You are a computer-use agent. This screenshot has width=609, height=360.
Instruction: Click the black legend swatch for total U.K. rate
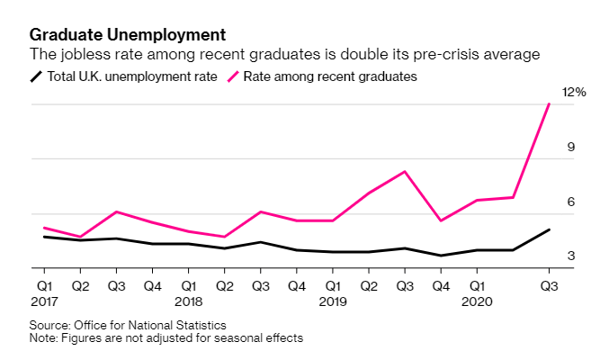37,76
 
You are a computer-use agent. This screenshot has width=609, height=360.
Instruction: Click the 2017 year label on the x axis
44,301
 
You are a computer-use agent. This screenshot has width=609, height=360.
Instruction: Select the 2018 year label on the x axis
188,301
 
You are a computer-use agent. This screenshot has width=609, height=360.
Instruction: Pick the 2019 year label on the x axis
332,301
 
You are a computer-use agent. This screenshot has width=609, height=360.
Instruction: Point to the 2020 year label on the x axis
477,301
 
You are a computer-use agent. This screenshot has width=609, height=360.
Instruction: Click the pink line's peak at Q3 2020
549,104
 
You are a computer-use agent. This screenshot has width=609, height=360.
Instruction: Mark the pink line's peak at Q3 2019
404,171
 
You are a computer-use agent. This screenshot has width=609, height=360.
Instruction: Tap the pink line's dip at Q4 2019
440,220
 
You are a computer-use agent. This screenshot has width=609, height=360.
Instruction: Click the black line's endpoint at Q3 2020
549,229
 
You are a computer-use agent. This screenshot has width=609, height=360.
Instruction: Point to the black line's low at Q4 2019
440,256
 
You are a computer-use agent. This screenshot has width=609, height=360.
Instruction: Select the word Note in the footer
42,338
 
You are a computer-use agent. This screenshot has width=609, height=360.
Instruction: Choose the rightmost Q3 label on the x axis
549,286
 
